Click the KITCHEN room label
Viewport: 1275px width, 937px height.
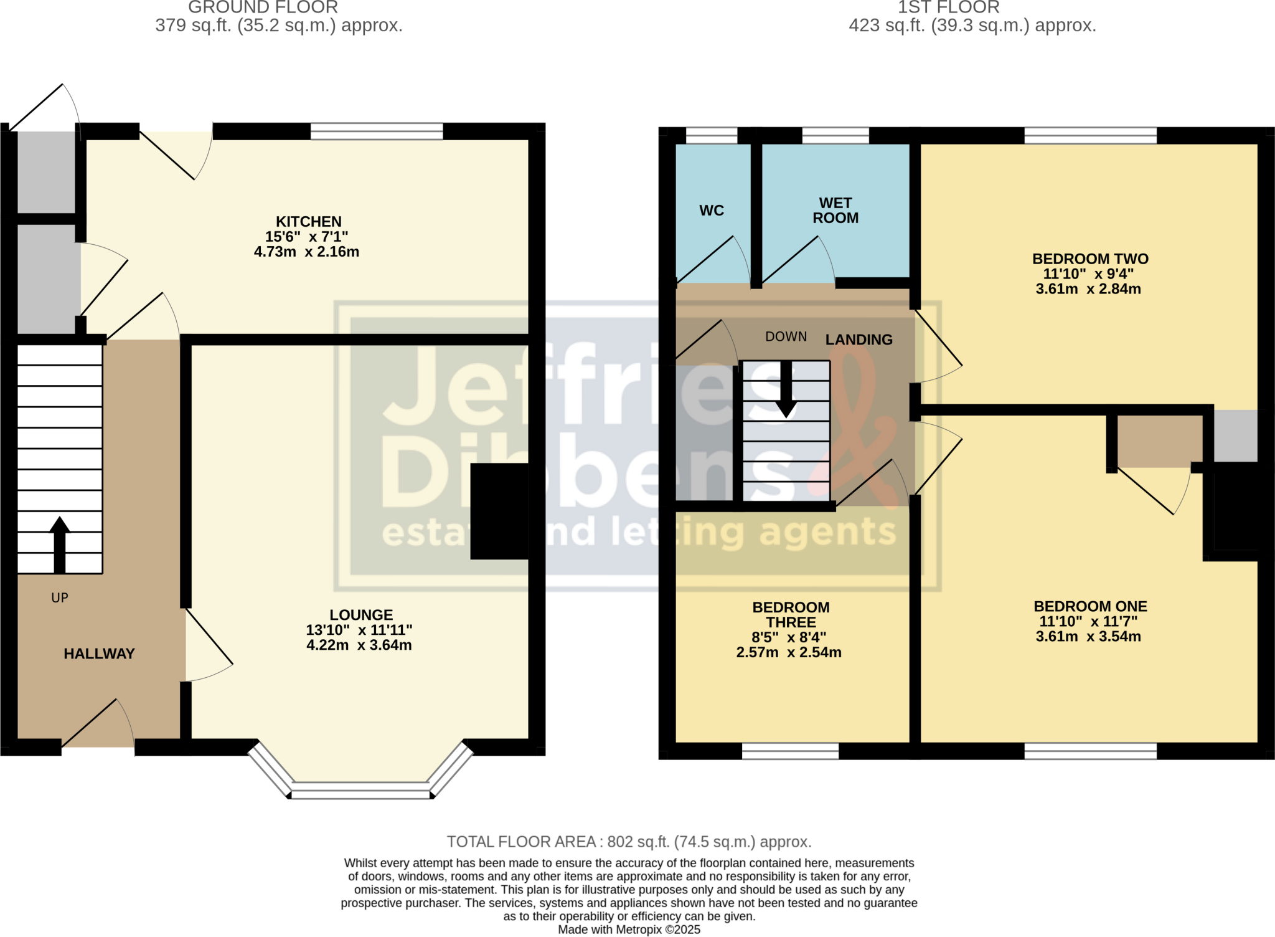309,222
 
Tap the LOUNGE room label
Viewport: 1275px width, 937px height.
361,615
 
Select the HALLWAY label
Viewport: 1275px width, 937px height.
99,654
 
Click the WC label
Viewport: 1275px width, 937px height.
712,211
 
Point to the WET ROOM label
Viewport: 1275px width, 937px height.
835,211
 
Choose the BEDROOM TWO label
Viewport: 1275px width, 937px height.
1090,259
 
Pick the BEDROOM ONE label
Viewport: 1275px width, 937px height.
1090,606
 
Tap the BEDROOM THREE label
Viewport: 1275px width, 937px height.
791,615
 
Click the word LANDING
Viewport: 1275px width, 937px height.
859,340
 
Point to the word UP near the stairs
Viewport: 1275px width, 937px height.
60,598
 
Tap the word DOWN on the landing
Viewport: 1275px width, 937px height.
786,337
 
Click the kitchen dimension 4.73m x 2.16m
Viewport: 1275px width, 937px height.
306,252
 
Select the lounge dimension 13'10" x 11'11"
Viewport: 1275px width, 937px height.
359,630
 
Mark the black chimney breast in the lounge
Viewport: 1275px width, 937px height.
499,511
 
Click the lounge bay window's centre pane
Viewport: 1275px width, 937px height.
360,794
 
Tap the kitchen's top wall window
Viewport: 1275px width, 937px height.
377,131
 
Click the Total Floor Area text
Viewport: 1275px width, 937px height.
629,842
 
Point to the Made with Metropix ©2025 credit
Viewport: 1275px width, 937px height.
629,930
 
